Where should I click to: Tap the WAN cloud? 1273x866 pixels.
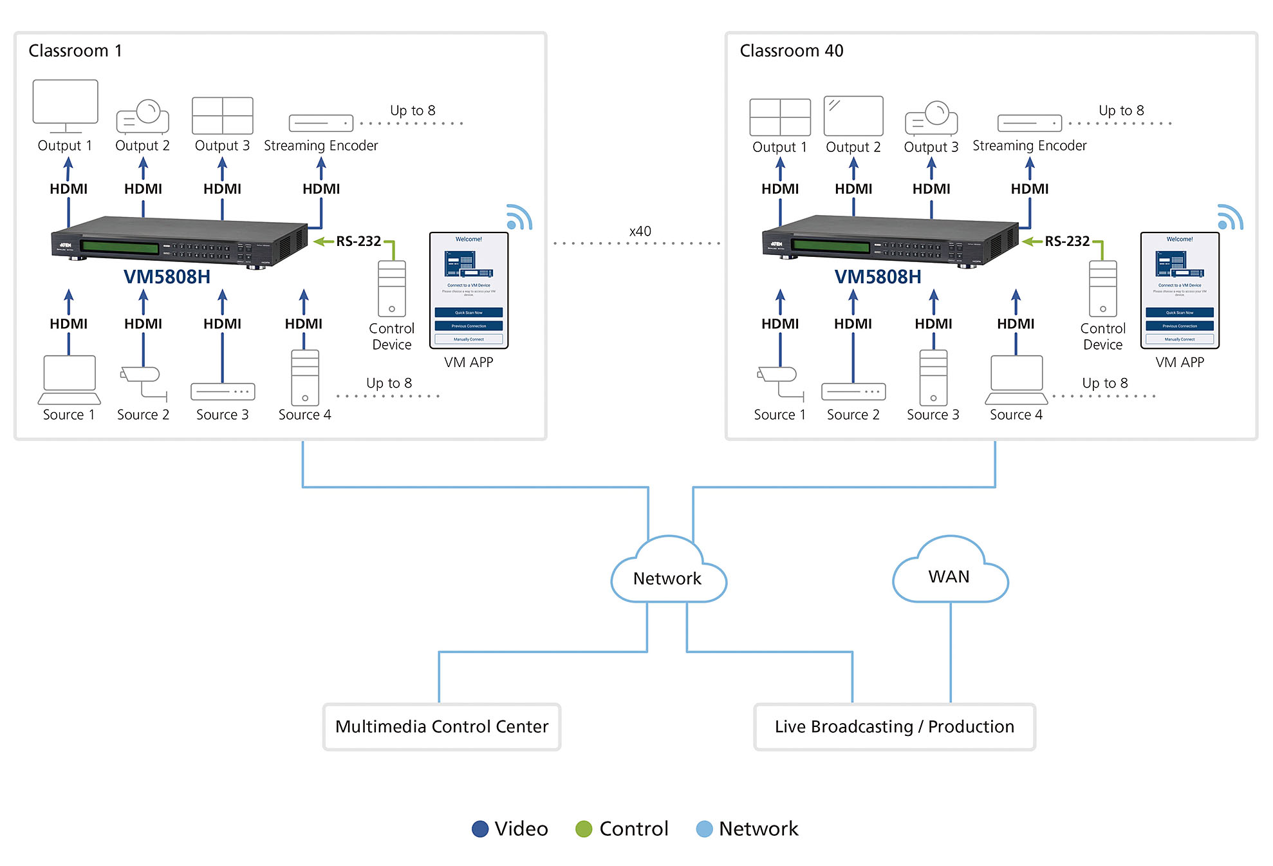[x=949, y=574]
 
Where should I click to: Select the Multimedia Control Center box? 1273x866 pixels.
[x=441, y=726]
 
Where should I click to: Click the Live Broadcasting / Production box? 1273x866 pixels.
[x=894, y=726]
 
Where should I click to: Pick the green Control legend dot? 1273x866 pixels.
[x=584, y=829]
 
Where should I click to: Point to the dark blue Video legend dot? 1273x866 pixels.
[x=480, y=829]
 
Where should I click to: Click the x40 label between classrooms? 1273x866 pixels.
[x=640, y=231]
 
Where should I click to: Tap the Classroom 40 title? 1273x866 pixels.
[x=791, y=51]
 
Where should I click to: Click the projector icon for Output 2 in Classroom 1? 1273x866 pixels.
[x=143, y=116]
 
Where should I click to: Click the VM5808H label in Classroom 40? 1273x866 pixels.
[x=877, y=277]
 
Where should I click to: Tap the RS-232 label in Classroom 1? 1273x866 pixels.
[x=358, y=241]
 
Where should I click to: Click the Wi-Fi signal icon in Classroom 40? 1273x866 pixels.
[x=1229, y=218]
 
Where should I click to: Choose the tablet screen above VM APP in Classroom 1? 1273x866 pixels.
[x=469, y=290]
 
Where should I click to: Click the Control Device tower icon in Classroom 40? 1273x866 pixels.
[x=1102, y=288]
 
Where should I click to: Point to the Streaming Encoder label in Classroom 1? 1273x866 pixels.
[x=321, y=146]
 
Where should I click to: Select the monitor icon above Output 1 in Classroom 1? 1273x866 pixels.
[x=65, y=103]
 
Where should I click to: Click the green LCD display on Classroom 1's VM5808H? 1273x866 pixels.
[x=120, y=247]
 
